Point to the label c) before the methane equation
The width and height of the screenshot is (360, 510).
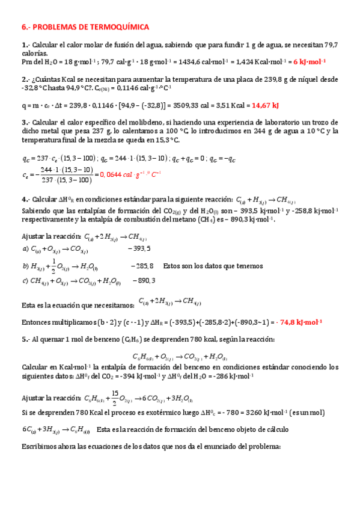tap(25, 280)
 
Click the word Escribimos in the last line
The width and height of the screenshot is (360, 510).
tap(41, 447)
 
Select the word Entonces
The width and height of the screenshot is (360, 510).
tap(38, 322)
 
